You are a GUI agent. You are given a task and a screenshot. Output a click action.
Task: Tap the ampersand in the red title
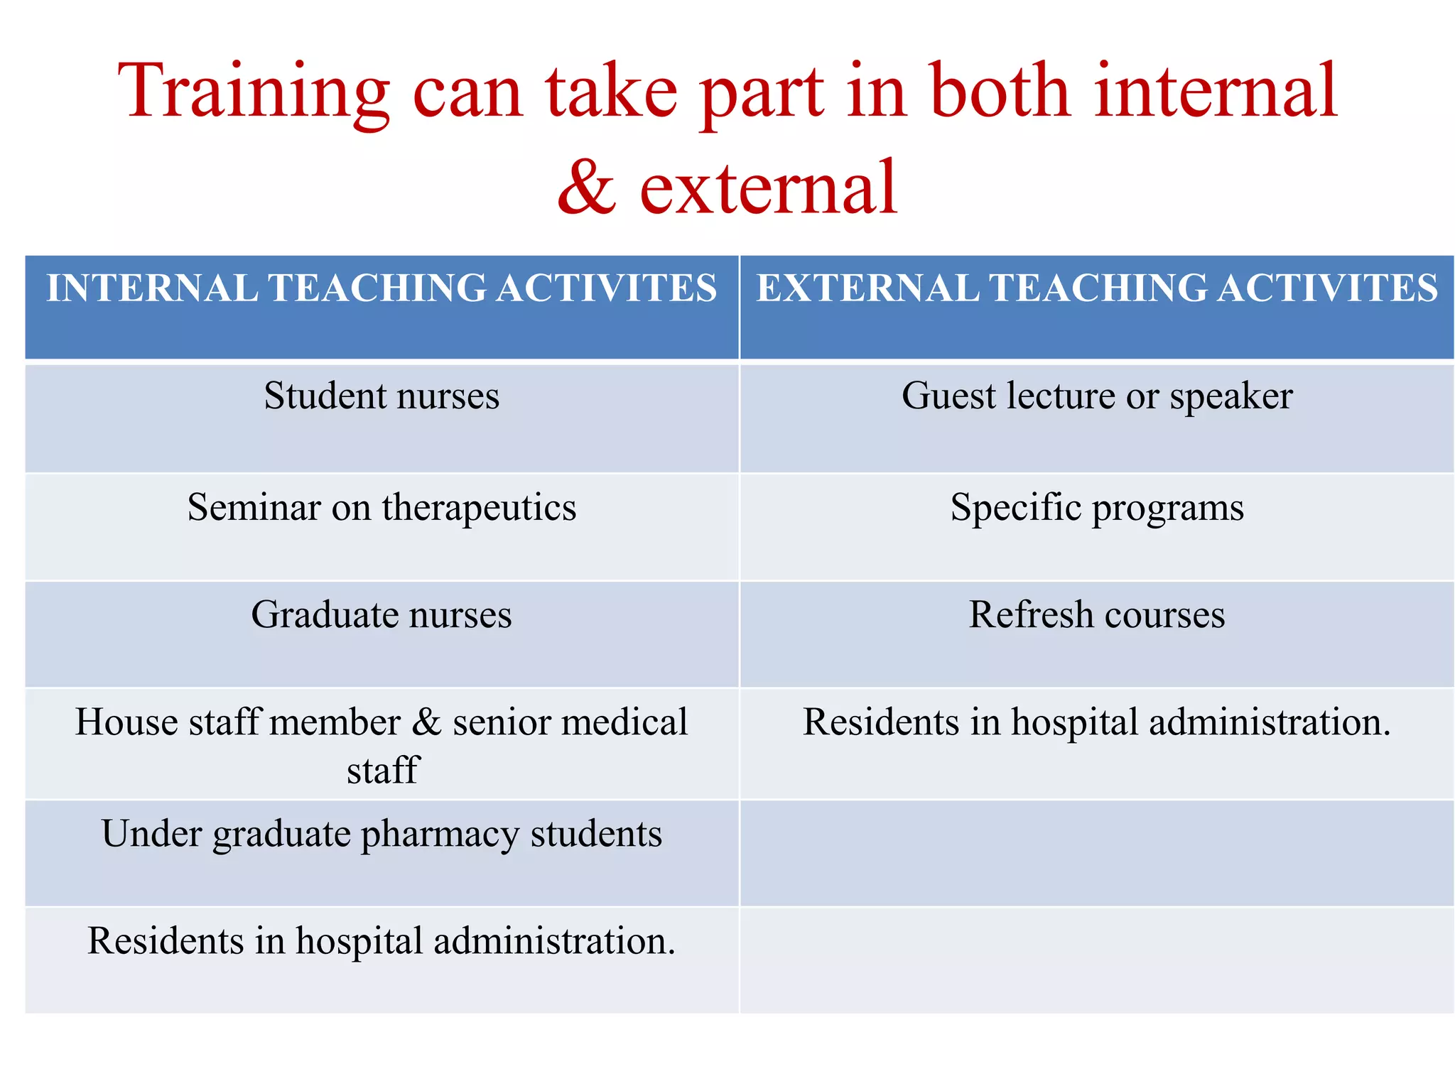[x=587, y=188]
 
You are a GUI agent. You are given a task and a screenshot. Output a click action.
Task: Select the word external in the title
[x=769, y=188]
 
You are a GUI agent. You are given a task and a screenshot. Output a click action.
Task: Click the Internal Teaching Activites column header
[x=382, y=288]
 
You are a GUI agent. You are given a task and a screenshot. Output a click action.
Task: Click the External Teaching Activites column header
[x=1096, y=288]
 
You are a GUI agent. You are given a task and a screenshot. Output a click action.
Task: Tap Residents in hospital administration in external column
[x=1096, y=722]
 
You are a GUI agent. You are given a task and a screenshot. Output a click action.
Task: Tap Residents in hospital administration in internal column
[x=382, y=941]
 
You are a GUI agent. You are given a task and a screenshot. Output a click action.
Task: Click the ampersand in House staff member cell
[x=427, y=722]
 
